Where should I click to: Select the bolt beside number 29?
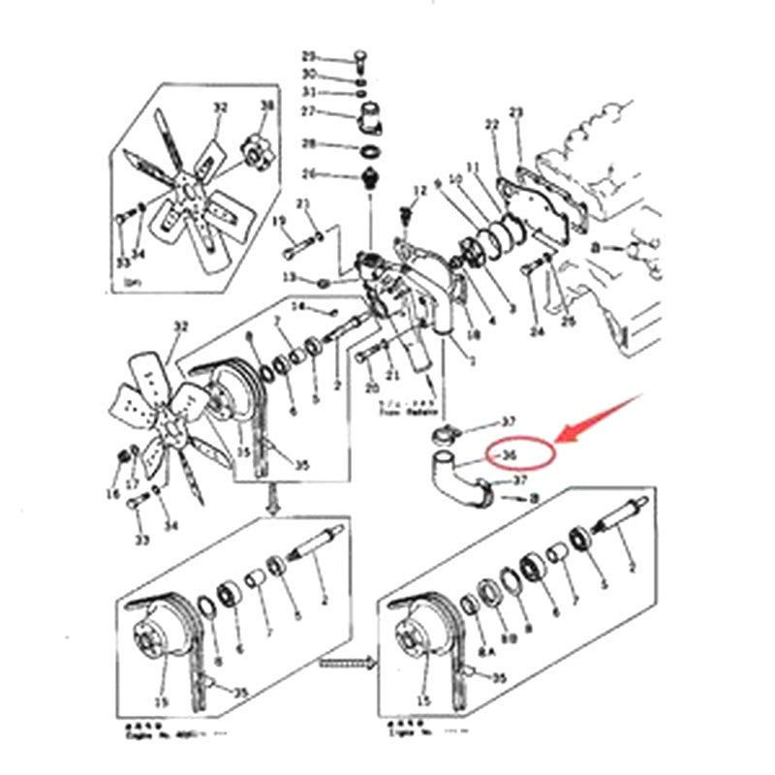pos(359,57)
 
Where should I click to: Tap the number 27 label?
pos(309,111)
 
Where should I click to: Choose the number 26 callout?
pos(309,174)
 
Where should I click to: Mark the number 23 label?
pos(516,113)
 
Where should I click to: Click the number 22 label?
pos(491,124)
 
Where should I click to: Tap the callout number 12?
pos(420,190)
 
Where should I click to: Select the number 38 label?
pos(268,105)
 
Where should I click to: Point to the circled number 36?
pos(509,453)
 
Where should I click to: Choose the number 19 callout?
pos(279,222)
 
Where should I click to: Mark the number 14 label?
pos(299,307)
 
